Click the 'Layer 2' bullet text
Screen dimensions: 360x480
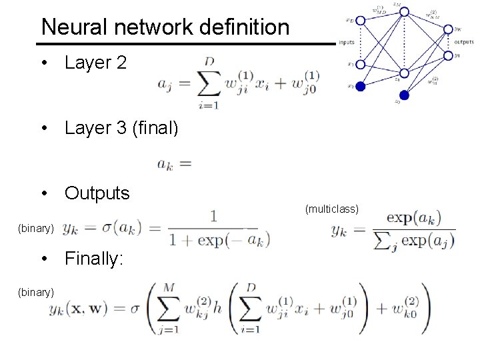(95, 63)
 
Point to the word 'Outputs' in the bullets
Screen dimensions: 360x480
(97, 193)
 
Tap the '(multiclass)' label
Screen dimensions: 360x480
(332, 209)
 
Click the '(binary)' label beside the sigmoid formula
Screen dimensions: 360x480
(36, 228)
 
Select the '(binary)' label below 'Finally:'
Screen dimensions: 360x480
(36, 291)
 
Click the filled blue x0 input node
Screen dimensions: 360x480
(361, 86)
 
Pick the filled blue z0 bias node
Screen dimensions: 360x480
(404, 95)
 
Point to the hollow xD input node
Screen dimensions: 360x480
(361, 21)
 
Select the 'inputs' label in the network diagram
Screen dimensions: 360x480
(347, 42)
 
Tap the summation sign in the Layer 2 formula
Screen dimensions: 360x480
(209, 83)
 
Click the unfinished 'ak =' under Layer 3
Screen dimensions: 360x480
(174, 163)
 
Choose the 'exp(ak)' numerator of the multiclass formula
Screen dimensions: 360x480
(413, 218)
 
